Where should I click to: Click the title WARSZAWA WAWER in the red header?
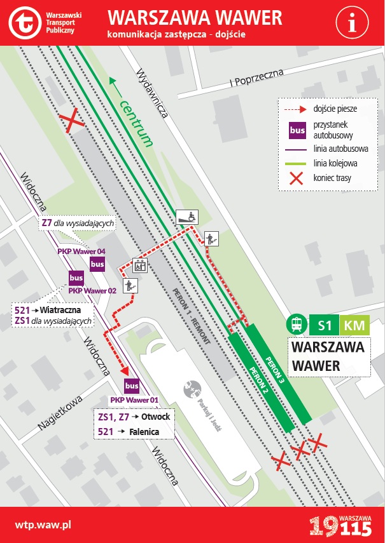(195, 17)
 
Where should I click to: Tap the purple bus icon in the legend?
(297, 130)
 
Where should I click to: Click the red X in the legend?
(297, 178)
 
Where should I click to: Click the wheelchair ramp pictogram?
(186, 217)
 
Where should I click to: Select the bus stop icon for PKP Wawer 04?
(97, 264)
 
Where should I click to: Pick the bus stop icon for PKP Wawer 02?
(76, 278)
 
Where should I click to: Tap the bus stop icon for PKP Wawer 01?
(132, 385)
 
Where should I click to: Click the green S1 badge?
(324, 325)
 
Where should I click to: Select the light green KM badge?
(354, 325)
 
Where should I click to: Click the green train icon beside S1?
(297, 325)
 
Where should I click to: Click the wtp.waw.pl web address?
(43, 525)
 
